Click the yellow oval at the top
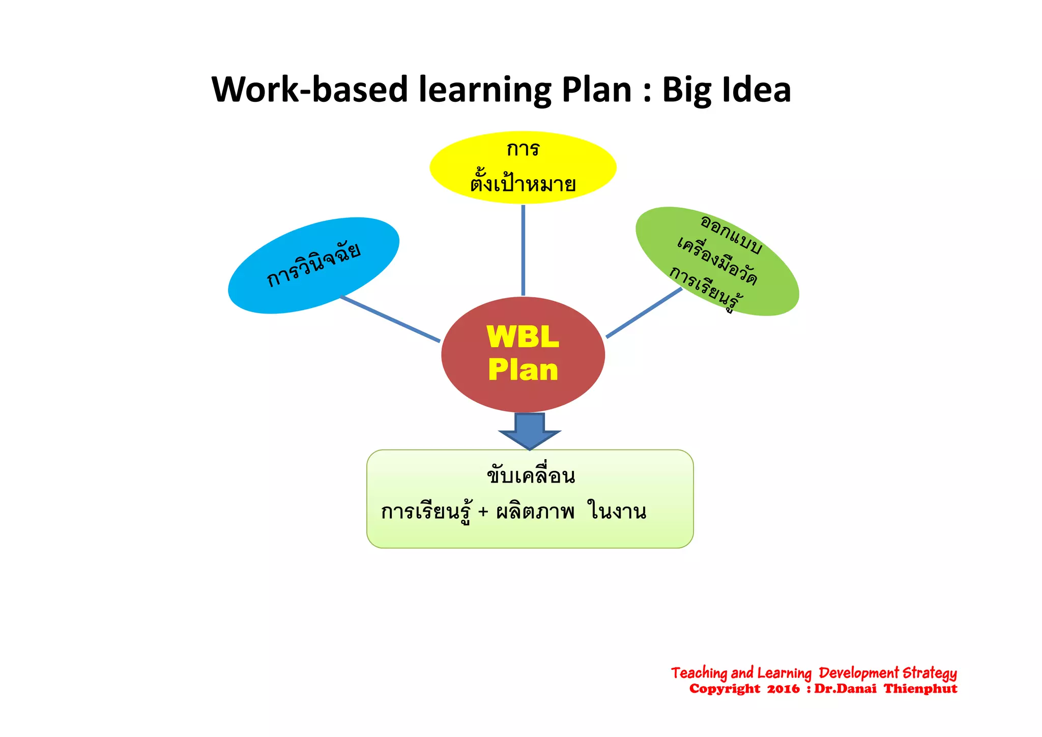523,167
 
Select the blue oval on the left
313,265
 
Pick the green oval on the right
717,261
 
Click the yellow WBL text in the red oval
523,337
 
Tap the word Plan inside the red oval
523,370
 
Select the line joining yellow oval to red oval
523,249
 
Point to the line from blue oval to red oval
390,319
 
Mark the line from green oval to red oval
644,313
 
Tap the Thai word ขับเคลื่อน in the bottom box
531,476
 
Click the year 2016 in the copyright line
784,689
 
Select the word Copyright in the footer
725,689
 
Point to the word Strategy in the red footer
929,673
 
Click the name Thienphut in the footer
920,689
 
